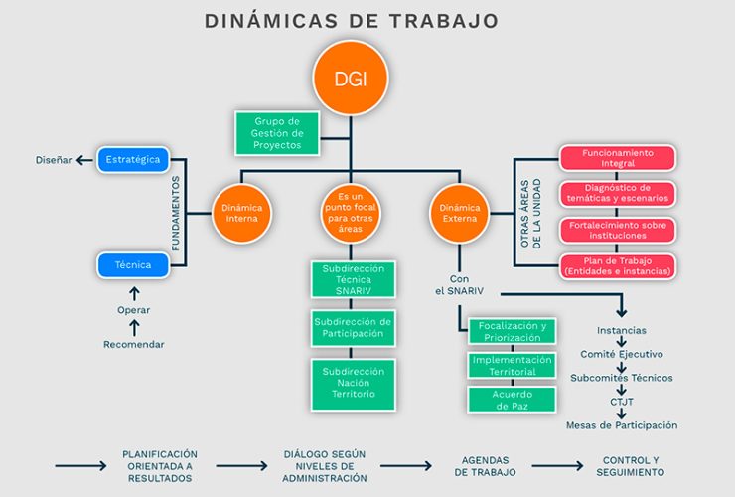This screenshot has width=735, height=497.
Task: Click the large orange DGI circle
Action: point(351,78)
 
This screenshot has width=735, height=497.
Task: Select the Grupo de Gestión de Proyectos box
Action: point(277,133)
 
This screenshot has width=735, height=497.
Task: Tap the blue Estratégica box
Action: point(133,160)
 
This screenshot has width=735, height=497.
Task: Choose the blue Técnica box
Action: point(133,265)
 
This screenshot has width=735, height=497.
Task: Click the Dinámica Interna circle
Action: point(242,213)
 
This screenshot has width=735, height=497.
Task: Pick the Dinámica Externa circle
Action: point(459,213)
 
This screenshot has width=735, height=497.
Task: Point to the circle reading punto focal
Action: point(351,213)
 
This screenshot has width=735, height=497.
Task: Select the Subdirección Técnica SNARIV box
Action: point(353,279)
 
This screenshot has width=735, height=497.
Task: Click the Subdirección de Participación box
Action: point(353,328)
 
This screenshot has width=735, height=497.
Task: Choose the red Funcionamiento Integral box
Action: point(618,158)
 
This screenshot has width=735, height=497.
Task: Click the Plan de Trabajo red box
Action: point(618,266)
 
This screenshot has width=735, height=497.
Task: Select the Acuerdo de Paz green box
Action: point(512,400)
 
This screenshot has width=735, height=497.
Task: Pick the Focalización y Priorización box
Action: point(512,331)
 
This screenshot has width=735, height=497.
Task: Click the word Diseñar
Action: point(54,160)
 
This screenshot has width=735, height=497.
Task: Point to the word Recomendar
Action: point(134,345)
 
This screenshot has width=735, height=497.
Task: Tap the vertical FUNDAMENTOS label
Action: point(176,214)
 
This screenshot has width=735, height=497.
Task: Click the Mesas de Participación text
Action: point(622,425)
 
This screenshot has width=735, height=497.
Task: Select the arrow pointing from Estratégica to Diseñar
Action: point(84,160)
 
